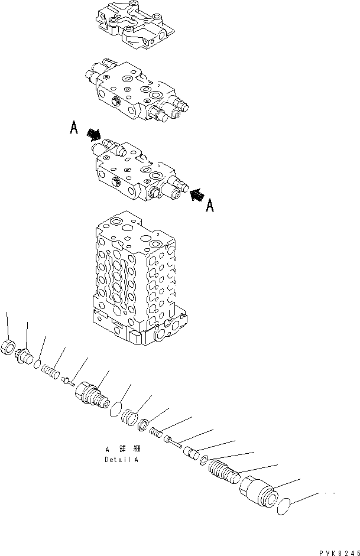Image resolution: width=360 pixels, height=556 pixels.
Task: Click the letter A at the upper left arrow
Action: pyautogui.click(x=74, y=128)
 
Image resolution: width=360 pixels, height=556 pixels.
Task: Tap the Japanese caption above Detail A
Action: pyautogui.click(x=122, y=450)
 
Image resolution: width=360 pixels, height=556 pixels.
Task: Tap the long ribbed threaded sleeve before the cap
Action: pyautogui.click(x=223, y=472)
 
